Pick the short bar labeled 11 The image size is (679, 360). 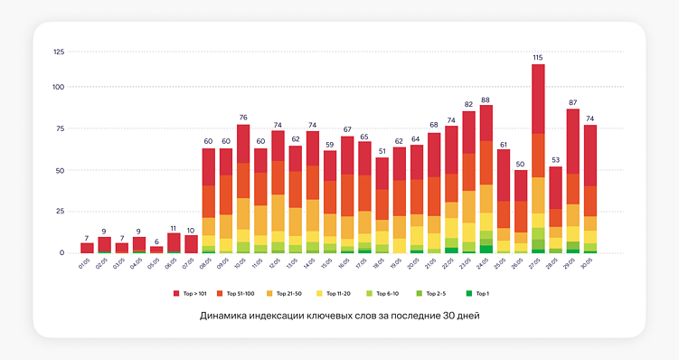pos(174,242)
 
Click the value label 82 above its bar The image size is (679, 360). pos(468,104)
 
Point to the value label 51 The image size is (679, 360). pos(382,151)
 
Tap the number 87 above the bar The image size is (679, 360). pos(573,101)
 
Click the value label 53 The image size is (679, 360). pos(555,159)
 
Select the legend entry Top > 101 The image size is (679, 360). pos(194,294)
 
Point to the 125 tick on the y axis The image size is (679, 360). pos(58,52)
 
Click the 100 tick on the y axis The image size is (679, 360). pos(58,87)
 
